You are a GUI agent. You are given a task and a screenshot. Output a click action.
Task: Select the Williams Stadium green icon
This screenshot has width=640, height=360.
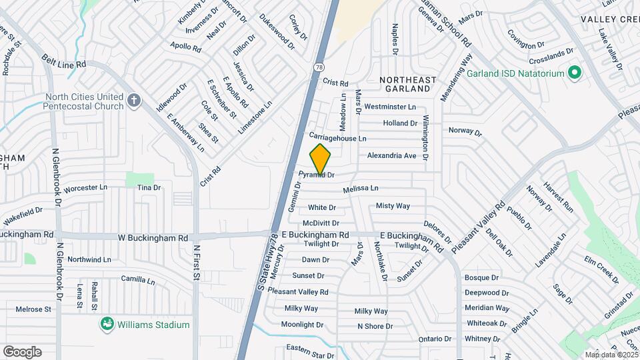[x=106, y=325]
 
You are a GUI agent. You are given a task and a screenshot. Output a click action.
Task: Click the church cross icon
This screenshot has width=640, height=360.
[x=134, y=101]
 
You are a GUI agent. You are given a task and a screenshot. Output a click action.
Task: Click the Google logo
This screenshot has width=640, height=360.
[x=22, y=352]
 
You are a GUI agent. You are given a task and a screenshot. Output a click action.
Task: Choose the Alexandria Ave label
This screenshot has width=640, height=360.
[x=391, y=155]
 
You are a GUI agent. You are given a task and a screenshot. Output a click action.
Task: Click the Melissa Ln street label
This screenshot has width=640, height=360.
[x=361, y=189]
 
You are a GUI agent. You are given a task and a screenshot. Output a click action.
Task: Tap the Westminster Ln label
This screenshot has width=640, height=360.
[x=390, y=107]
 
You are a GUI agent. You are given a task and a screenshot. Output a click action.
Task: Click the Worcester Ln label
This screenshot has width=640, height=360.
[x=85, y=188]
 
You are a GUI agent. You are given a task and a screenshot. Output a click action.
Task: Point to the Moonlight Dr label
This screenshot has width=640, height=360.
[x=302, y=325]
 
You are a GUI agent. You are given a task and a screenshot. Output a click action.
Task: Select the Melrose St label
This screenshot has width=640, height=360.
[x=33, y=309]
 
